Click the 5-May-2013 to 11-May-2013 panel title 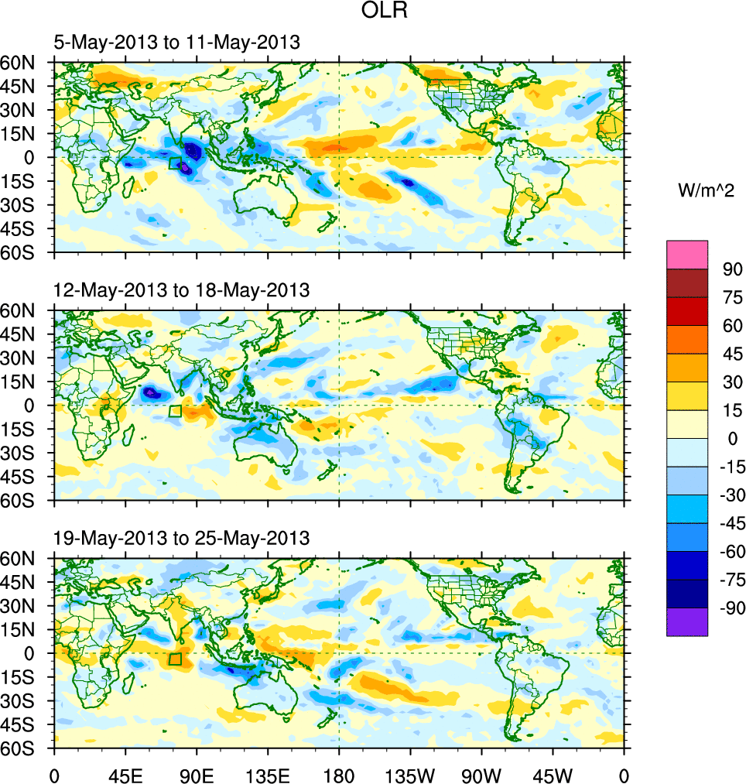click(176, 43)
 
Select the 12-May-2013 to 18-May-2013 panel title click(182, 290)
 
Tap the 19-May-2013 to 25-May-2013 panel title click(182, 537)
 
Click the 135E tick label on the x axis click(268, 774)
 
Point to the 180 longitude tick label click(339, 774)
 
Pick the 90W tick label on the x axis click(481, 774)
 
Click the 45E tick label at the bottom click(125, 774)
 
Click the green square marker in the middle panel click(175, 411)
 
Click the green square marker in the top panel click(175, 163)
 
